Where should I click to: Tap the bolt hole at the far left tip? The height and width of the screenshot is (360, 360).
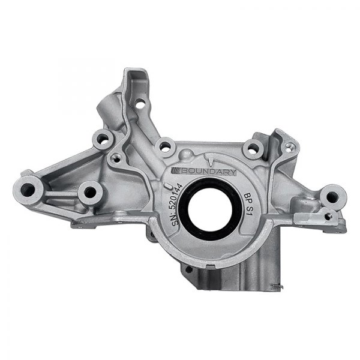27,190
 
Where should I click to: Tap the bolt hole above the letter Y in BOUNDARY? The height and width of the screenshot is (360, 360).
251,148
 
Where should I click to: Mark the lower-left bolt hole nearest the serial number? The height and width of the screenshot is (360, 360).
90,192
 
